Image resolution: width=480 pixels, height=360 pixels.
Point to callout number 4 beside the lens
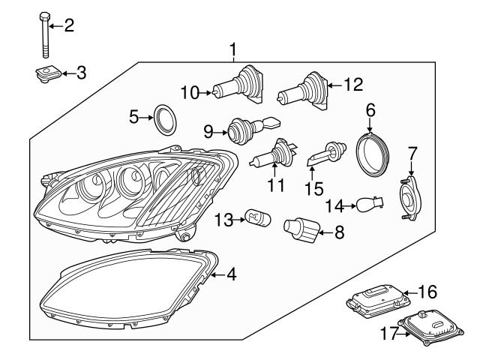231,275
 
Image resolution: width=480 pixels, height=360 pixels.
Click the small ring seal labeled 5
163,118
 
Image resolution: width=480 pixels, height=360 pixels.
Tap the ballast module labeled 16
374,300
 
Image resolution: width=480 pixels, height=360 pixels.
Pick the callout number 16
427,292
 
